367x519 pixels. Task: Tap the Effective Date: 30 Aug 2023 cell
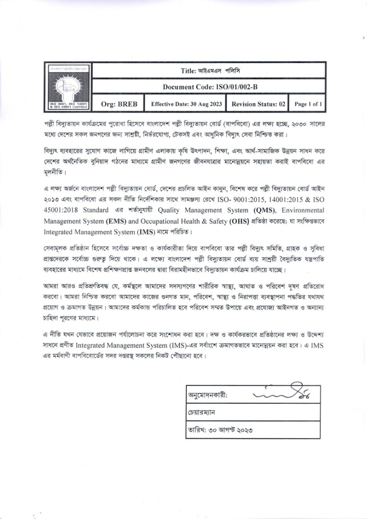186,104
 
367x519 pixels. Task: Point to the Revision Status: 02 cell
258,104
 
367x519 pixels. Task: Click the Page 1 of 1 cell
308,104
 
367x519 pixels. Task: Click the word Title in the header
187,71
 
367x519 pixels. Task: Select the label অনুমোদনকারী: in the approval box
208,395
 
